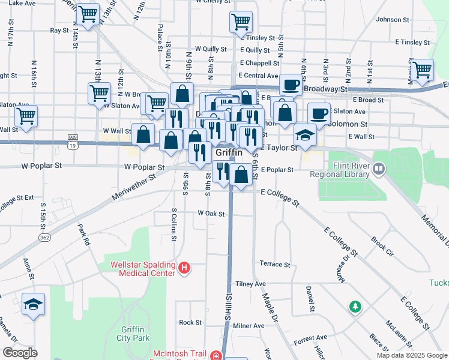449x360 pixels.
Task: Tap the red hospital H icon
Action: [x=185, y=268]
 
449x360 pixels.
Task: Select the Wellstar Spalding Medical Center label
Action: [x=143, y=268]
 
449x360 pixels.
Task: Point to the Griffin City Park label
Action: [x=134, y=334]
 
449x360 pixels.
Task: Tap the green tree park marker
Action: [x=356, y=307]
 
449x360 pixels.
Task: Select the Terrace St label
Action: [x=274, y=264]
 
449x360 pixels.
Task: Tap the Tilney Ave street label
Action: [x=250, y=284]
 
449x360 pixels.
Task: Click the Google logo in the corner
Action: [x=20, y=352]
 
